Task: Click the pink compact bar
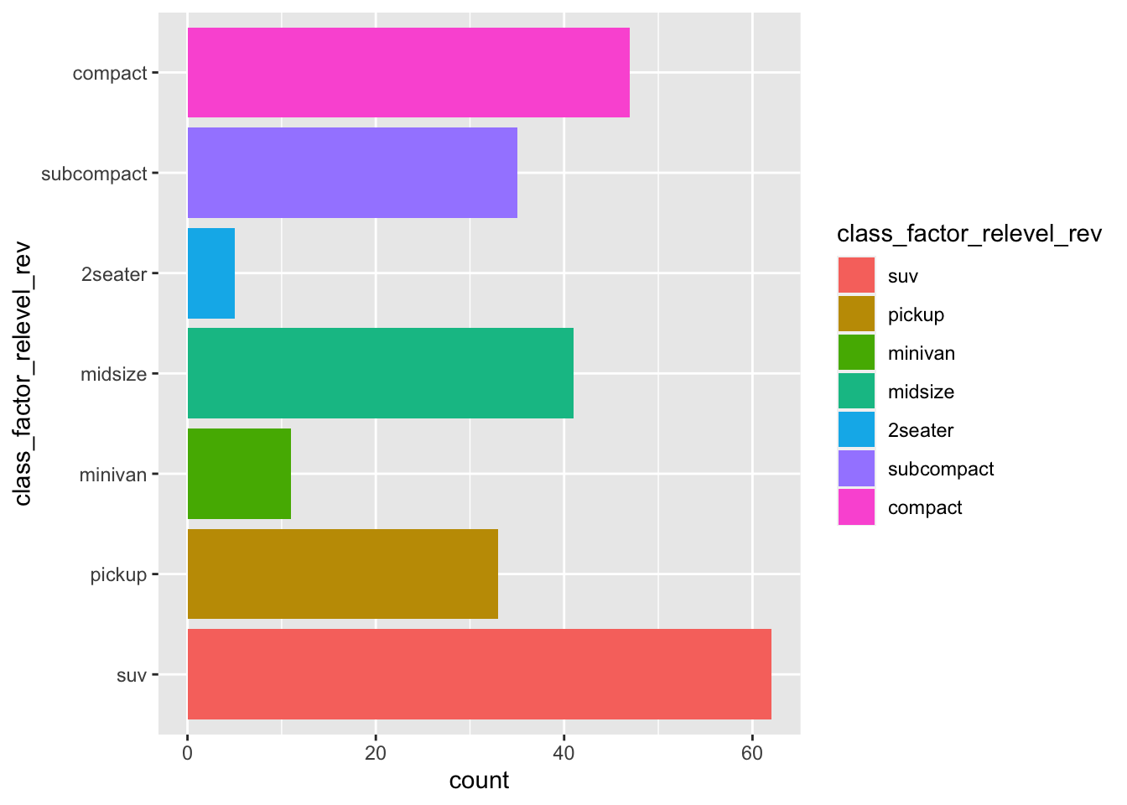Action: pyautogui.click(x=408, y=73)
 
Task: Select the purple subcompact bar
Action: pyautogui.click(x=352, y=173)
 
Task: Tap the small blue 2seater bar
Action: pyautogui.click(x=210, y=273)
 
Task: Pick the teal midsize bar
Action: pyautogui.click(x=380, y=373)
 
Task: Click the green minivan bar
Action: pyautogui.click(x=239, y=474)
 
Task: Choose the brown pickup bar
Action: pyautogui.click(x=342, y=574)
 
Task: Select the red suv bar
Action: pyautogui.click(x=479, y=674)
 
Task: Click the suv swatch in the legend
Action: pyautogui.click(x=856, y=276)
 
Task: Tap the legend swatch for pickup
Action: pyautogui.click(x=856, y=314)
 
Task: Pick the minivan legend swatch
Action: pyautogui.click(x=856, y=353)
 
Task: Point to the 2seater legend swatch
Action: pyautogui.click(x=856, y=430)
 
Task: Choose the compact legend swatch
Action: pyautogui.click(x=856, y=507)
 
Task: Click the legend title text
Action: pyautogui.click(x=969, y=234)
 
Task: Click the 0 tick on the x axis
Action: pyautogui.click(x=187, y=753)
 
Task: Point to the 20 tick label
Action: pyautogui.click(x=376, y=753)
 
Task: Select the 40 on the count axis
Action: pyautogui.click(x=564, y=753)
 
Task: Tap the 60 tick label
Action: pyautogui.click(x=752, y=753)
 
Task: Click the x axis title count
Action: pyautogui.click(x=479, y=781)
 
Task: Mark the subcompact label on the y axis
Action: pyautogui.click(x=94, y=174)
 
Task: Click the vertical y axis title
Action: pyautogui.click(x=23, y=374)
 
